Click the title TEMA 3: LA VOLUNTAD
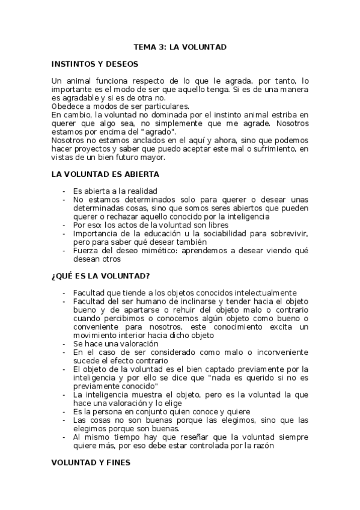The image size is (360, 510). (180, 46)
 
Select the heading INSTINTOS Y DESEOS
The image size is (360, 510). (95, 63)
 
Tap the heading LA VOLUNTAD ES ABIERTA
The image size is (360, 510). (105, 174)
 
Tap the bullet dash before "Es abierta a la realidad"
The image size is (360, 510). (64, 191)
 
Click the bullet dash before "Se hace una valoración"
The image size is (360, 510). (64, 343)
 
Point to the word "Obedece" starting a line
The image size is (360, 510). (69, 106)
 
